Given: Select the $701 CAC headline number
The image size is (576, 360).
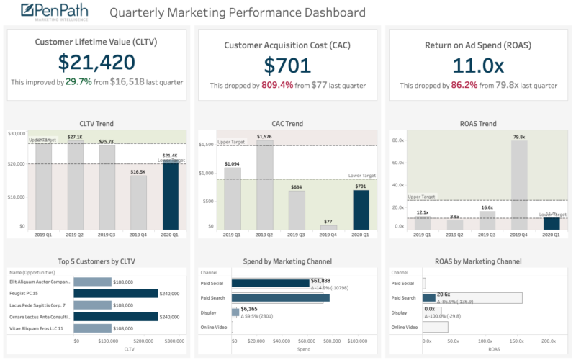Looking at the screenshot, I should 287,65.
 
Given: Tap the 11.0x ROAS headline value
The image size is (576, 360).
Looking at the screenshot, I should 478,65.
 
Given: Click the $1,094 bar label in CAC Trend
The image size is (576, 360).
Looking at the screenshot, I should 233,164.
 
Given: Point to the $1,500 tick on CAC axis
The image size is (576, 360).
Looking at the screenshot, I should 206,145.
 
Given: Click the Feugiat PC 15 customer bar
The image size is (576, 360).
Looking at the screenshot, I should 116,293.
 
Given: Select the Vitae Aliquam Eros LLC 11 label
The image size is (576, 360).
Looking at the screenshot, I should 36,328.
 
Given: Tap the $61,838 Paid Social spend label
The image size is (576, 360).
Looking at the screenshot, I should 320,281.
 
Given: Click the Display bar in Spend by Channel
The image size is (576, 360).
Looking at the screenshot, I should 235,312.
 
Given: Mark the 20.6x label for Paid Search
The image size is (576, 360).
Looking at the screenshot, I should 444,294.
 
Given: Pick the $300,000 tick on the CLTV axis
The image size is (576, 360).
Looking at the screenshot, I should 175,341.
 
